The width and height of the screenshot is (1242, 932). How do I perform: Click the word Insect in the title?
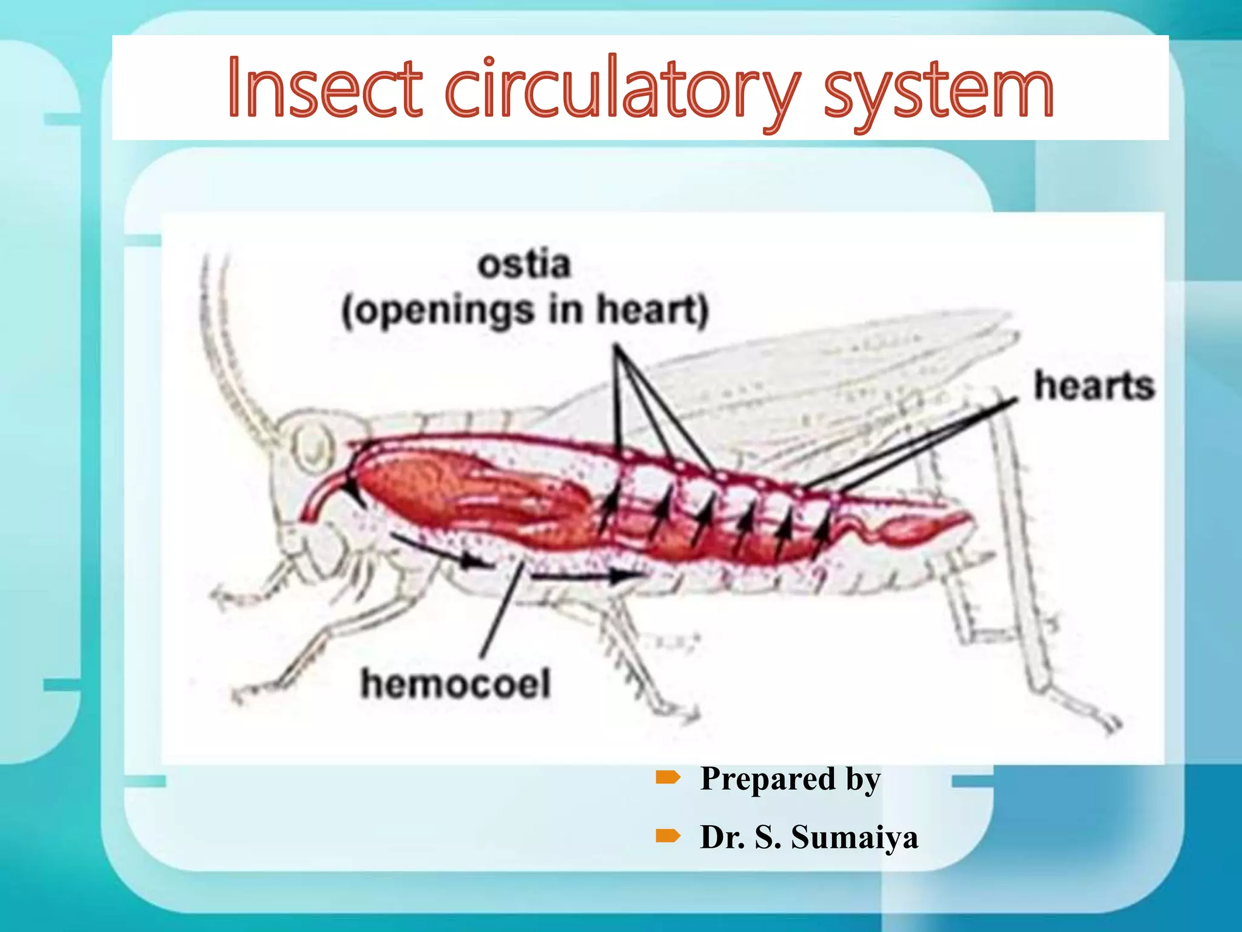(x=324, y=88)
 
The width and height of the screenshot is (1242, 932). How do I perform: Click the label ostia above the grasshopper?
(x=524, y=265)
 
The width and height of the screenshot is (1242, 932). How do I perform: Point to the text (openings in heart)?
(x=525, y=311)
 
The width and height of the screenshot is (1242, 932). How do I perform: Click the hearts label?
(x=1093, y=387)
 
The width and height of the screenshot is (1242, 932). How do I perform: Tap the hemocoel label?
(x=455, y=684)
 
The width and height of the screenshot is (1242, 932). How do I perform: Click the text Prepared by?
(x=790, y=778)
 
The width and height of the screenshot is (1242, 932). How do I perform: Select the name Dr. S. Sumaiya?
(x=808, y=837)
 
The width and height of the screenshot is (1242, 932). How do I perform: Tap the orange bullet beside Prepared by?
(x=668, y=777)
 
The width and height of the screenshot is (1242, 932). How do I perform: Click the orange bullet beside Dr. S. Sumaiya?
(x=668, y=837)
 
